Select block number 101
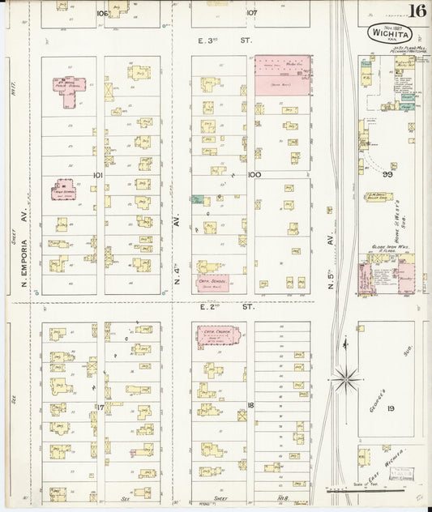(98, 174)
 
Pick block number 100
(254, 174)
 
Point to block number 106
(101, 13)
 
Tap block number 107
(252, 13)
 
